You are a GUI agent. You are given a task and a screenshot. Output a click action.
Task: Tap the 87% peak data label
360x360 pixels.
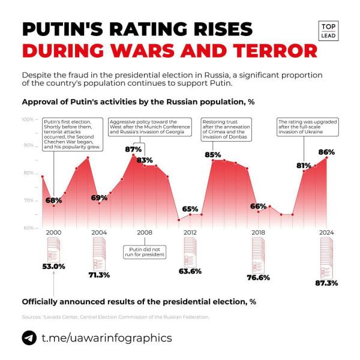pos(133,149)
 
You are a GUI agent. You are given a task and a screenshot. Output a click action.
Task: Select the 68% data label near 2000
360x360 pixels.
pos(54,200)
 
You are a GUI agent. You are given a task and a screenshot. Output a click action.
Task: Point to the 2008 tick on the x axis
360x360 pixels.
pos(144,232)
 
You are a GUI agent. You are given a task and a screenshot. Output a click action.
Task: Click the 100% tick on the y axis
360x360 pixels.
pos(28,119)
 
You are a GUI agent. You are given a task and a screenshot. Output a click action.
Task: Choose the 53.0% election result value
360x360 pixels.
pos(53,266)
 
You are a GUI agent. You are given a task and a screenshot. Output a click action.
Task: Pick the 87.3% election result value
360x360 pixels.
pos(326,283)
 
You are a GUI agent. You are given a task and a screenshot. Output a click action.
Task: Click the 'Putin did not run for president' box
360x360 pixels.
pos(144,251)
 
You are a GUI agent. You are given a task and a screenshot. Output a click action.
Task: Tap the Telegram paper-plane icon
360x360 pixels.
pos(29,338)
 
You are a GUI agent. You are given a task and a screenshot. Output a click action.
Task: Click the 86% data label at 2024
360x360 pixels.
pos(326,152)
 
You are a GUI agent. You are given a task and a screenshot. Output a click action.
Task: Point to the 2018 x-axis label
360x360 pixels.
pos(258,232)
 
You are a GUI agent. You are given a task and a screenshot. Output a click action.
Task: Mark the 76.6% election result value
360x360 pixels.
pos(258,277)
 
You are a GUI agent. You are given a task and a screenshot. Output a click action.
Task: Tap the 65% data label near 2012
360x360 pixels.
pos(190,208)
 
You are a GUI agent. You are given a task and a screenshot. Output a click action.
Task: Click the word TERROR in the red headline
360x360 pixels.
pos(270,50)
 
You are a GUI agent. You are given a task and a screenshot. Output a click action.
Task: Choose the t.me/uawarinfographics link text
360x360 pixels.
pos(106,338)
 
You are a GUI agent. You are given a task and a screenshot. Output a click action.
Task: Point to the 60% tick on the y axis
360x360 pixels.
pos(28,227)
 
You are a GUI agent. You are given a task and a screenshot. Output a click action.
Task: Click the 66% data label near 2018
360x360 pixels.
pos(258,206)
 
